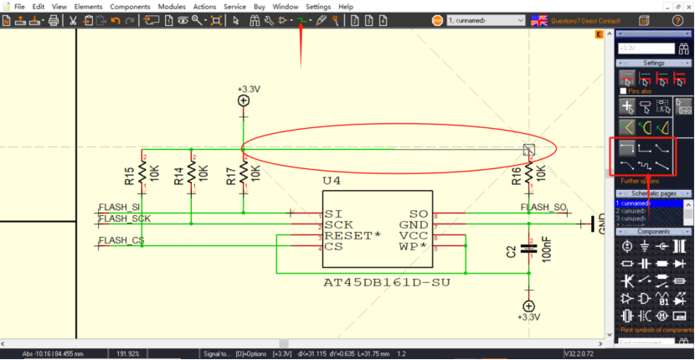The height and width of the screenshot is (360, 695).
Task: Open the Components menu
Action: pos(130,7)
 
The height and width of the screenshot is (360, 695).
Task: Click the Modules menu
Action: pos(172,7)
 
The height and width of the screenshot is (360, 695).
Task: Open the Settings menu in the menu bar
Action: pos(318,7)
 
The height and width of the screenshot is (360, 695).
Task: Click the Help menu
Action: pos(346,7)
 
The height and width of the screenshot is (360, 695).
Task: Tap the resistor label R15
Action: pos(129,176)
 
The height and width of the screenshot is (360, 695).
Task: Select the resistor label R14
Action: pos(178,176)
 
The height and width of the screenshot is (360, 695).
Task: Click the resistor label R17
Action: pos(230,176)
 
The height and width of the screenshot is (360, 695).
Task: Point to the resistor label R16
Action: pos(517,175)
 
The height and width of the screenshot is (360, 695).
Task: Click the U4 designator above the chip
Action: pos(332,181)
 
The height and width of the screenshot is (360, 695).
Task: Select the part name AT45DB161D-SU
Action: pos(387,282)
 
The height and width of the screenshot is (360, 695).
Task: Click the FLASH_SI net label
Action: pos(119,208)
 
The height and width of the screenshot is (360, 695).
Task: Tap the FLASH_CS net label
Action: pos(121,241)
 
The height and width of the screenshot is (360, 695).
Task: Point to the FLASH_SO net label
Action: pos(544,208)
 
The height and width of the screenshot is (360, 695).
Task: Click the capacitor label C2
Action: pos(511,251)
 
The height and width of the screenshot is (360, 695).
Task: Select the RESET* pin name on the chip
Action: pos(352,236)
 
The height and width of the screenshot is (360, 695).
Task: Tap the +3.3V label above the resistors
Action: pos(249,89)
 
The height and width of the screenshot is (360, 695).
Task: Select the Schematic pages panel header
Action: pos(654,193)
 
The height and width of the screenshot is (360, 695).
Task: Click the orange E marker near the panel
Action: pos(599,34)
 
